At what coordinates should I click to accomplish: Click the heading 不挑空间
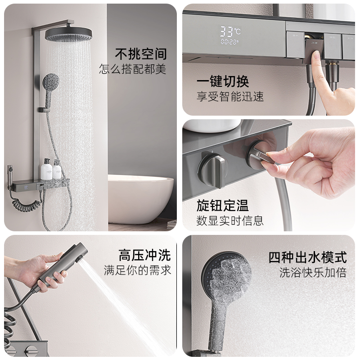(141, 54)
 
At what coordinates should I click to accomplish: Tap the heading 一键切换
(223, 81)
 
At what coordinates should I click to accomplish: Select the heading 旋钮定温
(222, 205)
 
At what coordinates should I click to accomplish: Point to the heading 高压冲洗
(144, 255)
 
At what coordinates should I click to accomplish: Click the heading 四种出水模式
(307, 257)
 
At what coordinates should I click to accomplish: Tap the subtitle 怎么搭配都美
(132, 69)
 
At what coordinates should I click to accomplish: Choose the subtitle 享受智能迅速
(230, 96)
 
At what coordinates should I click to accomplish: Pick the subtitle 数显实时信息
(230, 220)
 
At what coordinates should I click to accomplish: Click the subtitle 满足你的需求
(138, 270)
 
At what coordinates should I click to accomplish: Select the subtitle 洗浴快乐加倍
(313, 273)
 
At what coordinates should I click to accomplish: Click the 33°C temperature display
(230, 31)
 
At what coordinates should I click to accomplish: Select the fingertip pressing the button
(316, 56)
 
